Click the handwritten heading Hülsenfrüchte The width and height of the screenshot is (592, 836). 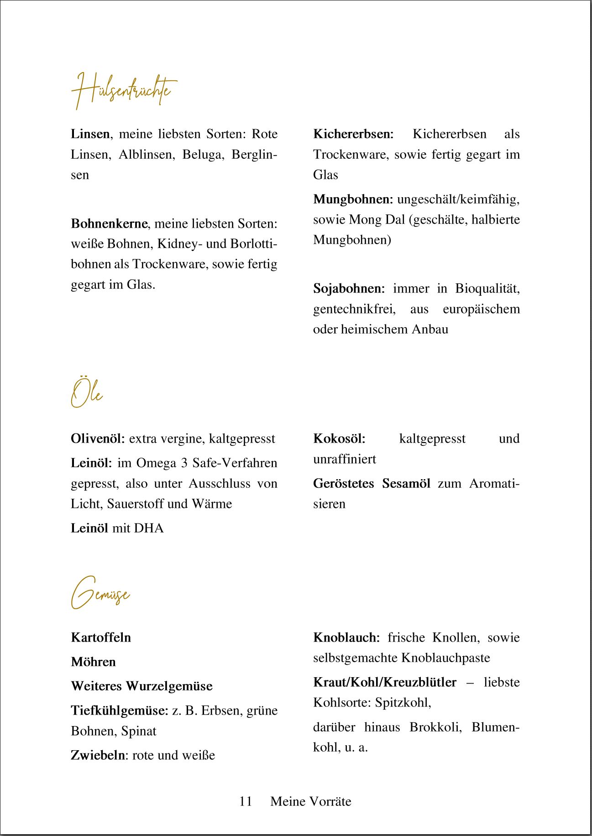(123, 90)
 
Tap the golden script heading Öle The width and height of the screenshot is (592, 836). (87, 393)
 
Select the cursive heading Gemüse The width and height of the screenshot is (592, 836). (100, 593)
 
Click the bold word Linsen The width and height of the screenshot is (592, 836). (90, 134)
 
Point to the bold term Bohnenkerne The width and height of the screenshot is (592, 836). (109, 224)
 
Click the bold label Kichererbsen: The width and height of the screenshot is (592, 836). (353, 134)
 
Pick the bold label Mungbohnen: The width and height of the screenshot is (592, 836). (353, 199)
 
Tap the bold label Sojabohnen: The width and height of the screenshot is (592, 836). (349, 289)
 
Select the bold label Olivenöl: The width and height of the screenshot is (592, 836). (98, 439)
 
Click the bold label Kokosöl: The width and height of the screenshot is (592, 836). (339, 439)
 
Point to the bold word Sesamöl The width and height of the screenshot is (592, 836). (406, 484)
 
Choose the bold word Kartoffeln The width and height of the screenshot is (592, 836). (101, 637)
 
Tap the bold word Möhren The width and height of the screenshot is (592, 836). (93, 662)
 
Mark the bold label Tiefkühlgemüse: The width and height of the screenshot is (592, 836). (120, 711)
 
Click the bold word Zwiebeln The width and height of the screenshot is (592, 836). (98, 755)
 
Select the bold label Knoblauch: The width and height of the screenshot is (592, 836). (346, 637)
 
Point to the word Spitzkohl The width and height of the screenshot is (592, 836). (402, 702)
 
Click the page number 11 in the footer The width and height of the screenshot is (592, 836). (246, 801)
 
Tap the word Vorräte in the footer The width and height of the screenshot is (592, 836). (330, 801)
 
